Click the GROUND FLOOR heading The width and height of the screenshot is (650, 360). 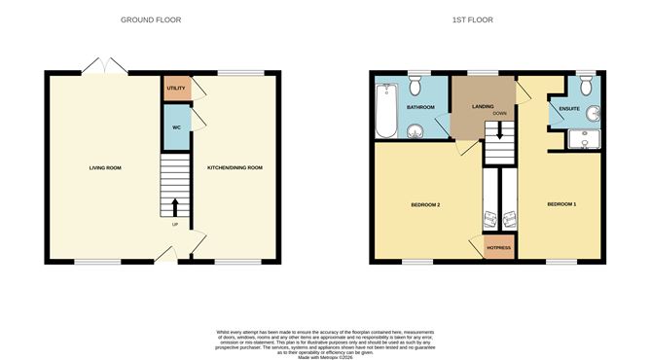tap(151, 19)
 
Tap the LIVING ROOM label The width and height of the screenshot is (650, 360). tap(105, 168)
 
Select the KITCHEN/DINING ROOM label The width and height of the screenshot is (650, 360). tap(235, 168)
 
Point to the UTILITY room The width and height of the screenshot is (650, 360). tap(176, 89)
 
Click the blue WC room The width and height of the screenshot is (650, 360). tap(176, 127)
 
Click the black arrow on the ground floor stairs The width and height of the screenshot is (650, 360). tap(175, 206)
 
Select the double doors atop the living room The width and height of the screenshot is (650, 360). tap(104, 67)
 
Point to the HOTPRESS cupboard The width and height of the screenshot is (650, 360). tap(499, 247)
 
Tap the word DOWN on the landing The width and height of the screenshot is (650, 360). tap(500, 114)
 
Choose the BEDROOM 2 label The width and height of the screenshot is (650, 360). tap(425, 204)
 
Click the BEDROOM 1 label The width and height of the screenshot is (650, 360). tap(561, 204)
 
